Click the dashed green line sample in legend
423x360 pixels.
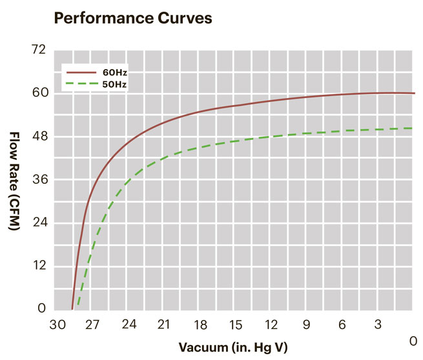(79, 85)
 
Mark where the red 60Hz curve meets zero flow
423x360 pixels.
(72, 309)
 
